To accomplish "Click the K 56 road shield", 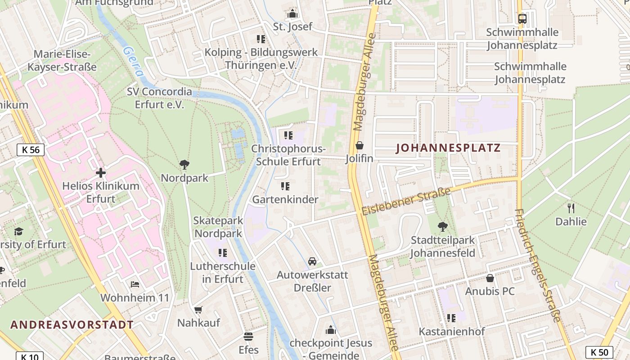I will pyautogui.click(x=31, y=150).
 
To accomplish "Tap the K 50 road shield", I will pyautogui.click(x=599, y=352).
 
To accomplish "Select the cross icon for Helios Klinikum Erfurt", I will pyautogui.click(x=101, y=173).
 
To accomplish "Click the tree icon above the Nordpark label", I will pyautogui.click(x=184, y=165).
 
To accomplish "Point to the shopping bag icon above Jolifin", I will pyautogui.click(x=360, y=145).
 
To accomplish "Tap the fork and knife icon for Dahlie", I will pyautogui.click(x=571, y=208).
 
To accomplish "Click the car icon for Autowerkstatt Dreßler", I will pyautogui.click(x=312, y=261).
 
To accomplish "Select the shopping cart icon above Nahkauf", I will pyautogui.click(x=198, y=310).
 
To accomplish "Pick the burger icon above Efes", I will pyautogui.click(x=248, y=336).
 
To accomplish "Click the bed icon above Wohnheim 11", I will pyautogui.click(x=135, y=284).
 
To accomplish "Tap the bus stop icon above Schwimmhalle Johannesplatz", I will pyautogui.click(x=522, y=19).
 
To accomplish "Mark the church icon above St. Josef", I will pyautogui.click(x=292, y=13).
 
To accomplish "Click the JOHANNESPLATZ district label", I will pyautogui.click(x=448, y=148).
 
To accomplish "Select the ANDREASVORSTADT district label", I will pyautogui.click(x=72, y=324).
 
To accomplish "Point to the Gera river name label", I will pyautogui.click(x=133, y=62).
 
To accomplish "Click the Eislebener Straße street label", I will pyautogui.click(x=406, y=202).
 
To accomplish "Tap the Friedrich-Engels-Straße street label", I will pyautogui.click(x=537, y=265).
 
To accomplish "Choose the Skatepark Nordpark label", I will pyautogui.click(x=218, y=227).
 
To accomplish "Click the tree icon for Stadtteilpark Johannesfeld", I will pyautogui.click(x=443, y=227).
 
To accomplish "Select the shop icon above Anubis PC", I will pyautogui.click(x=490, y=278).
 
